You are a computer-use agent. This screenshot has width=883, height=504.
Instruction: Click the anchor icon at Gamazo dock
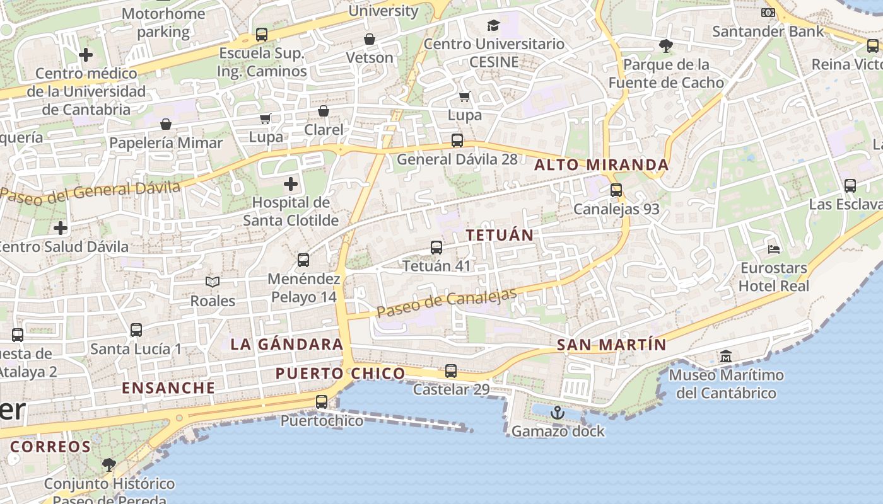click(x=557, y=413)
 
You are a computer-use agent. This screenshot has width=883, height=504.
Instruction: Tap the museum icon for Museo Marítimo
click(x=726, y=357)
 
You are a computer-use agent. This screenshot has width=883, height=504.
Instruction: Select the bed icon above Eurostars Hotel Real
click(x=774, y=249)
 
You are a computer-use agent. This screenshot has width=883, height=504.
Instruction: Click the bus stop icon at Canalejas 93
click(x=616, y=190)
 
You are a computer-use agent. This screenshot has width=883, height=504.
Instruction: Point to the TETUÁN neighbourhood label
click(x=500, y=235)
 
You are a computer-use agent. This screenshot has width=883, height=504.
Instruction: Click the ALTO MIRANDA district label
click(x=601, y=165)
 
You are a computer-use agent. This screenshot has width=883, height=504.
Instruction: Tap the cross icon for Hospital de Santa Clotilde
click(x=291, y=184)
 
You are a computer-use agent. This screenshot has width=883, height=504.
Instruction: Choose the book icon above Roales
click(x=213, y=282)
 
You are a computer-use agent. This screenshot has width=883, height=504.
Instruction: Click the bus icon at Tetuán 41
click(x=436, y=248)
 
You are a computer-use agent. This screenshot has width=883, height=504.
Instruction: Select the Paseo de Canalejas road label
click(x=447, y=302)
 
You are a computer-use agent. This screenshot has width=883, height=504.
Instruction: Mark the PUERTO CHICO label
click(x=340, y=374)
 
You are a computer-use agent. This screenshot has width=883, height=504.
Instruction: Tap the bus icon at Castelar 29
click(x=451, y=371)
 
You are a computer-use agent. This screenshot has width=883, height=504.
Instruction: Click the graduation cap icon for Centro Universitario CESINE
click(x=493, y=25)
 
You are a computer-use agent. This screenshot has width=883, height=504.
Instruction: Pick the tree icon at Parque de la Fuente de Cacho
click(x=665, y=46)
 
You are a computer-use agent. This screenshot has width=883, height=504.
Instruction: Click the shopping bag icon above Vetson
click(x=370, y=39)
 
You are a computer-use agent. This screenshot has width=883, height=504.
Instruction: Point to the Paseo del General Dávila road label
click(x=90, y=192)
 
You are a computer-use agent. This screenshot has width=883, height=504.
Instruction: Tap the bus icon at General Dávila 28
click(x=457, y=140)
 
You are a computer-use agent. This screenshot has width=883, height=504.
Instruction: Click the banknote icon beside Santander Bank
click(x=768, y=13)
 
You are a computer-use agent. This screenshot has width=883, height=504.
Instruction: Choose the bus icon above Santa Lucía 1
click(x=136, y=330)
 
